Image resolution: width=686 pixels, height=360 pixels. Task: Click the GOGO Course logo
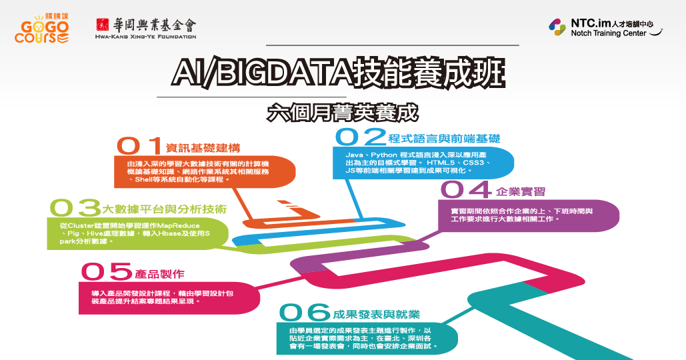click(x=41, y=29)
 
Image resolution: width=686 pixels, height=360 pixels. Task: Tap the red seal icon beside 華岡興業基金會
click(x=103, y=25)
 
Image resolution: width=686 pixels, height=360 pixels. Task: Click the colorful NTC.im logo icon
click(x=557, y=27)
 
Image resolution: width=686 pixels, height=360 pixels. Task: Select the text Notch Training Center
click(x=608, y=33)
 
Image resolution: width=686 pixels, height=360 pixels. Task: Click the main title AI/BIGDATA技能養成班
click(x=339, y=72)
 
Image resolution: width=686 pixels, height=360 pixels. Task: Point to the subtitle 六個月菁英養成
click(x=343, y=113)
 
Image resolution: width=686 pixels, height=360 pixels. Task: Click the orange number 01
click(x=139, y=145)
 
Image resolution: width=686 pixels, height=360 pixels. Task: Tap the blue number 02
click(x=361, y=137)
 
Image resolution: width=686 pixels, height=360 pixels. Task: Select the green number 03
click(x=75, y=208)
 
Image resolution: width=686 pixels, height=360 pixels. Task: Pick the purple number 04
click(x=466, y=190)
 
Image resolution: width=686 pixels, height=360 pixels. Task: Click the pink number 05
click(x=106, y=271)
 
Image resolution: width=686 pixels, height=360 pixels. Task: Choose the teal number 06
click(x=305, y=312)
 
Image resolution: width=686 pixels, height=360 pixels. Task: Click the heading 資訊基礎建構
click(x=203, y=148)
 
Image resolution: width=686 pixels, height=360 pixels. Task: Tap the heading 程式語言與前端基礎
click(x=444, y=139)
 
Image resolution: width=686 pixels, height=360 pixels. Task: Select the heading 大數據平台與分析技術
click(x=165, y=209)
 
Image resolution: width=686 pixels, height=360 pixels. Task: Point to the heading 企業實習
click(x=521, y=191)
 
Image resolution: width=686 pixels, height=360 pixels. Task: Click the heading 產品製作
click(x=160, y=274)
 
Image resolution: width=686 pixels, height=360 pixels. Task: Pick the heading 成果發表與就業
click(x=376, y=315)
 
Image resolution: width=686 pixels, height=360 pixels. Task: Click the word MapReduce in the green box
click(x=178, y=226)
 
